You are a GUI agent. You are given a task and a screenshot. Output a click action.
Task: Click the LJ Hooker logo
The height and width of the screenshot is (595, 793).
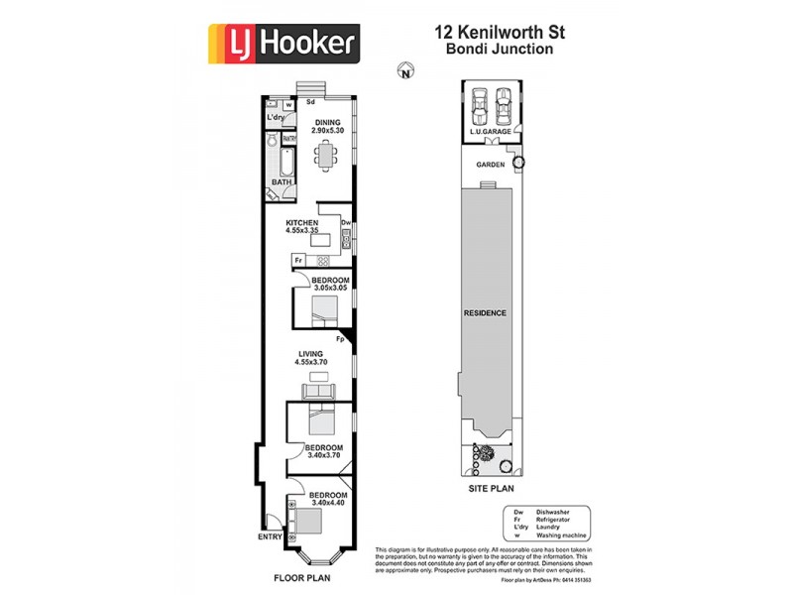pos(283,44)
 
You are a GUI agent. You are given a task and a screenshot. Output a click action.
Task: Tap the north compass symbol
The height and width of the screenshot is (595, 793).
pos(403,70)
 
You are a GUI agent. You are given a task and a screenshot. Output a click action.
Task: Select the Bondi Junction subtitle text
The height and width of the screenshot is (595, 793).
pos(499,49)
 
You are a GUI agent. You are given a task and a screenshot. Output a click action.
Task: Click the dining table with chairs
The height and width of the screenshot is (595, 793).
pos(325,155)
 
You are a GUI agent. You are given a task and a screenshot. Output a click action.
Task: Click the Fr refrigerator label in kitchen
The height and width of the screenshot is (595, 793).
pos(297,261)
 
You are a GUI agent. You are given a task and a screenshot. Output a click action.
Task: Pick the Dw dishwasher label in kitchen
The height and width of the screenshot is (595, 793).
pos(346,223)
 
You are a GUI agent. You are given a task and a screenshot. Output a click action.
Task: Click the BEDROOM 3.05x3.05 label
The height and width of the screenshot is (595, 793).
pos(330,286)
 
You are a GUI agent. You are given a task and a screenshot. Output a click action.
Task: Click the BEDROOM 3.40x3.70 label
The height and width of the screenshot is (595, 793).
pos(323,452)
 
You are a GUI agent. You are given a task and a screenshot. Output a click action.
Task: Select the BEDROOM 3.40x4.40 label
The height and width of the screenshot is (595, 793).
pos(327,499)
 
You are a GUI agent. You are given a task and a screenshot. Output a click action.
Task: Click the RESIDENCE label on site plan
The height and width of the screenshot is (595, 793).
pos(486,313)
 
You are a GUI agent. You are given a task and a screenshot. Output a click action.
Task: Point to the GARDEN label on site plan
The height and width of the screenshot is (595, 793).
pos(491,165)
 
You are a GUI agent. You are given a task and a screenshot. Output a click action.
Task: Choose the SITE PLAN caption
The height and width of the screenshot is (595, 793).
pos(491,489)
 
